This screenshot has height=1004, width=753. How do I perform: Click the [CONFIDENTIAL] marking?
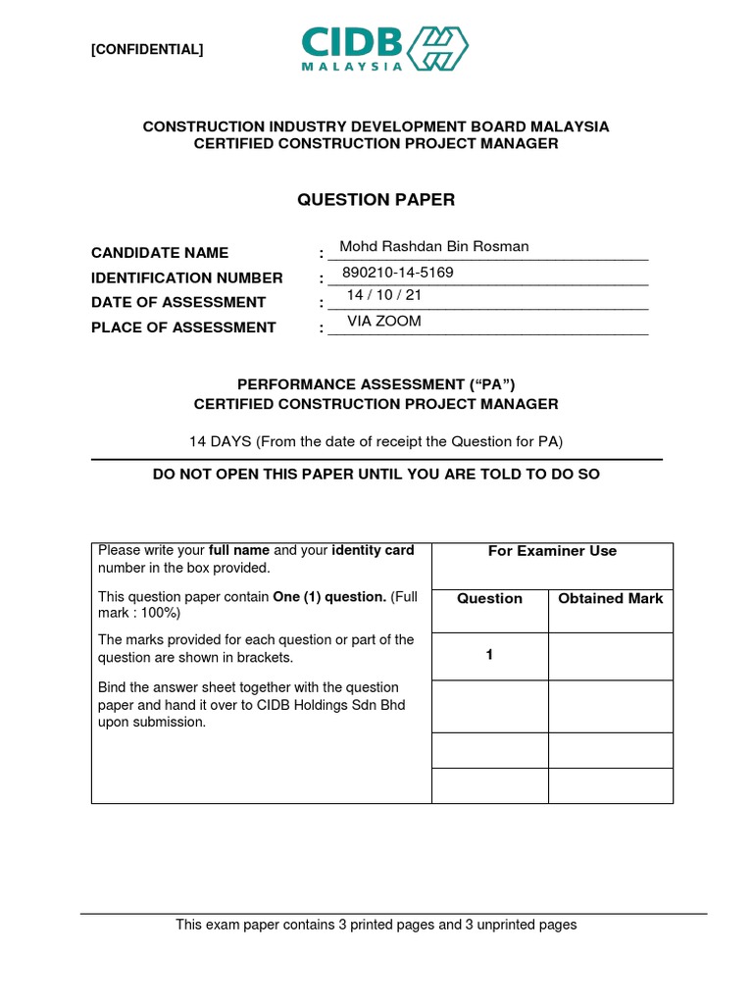click(x=147, y=50)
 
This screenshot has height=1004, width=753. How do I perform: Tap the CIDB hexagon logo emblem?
click(x=438, y=48)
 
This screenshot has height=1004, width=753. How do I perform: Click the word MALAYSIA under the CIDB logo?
click(x=352, y=67)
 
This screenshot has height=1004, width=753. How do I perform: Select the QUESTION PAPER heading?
click(x=376, y=200)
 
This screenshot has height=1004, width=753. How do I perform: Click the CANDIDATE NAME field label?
click(x=160, y=253)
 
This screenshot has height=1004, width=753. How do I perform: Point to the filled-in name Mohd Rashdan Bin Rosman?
click(x=433, y=247)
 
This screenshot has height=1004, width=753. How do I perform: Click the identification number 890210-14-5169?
click(x=398, y=273)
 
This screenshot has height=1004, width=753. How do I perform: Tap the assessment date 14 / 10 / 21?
click(x=384, y=295)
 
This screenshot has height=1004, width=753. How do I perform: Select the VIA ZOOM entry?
click(x=384, y=321)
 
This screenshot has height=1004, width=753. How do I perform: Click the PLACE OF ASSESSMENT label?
click(x=183, y=327)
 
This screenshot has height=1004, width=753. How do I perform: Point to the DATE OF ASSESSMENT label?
click(x=178, y=302)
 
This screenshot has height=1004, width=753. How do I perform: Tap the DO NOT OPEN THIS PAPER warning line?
click(x=376, y=475)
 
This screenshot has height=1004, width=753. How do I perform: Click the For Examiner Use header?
click(x=552, y=551)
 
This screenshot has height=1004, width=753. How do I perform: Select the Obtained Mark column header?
click(x=610, y=598)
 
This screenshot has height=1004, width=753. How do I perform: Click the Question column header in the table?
click(x=489, y=598)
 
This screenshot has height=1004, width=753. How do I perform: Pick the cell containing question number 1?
click(x=489, y=656)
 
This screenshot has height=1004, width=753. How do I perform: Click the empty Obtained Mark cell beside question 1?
click(x=610, y=656)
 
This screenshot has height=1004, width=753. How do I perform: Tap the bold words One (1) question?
click(x=328, y=596)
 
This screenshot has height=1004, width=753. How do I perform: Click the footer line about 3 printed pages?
click(x=376, y=925)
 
